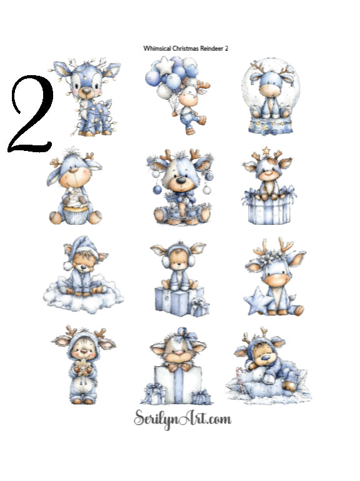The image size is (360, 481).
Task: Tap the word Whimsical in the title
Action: [x=156, y=48]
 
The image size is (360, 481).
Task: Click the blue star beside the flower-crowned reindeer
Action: [x=256, y=301]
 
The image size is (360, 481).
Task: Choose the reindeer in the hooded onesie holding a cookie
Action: [x=84, y=363]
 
